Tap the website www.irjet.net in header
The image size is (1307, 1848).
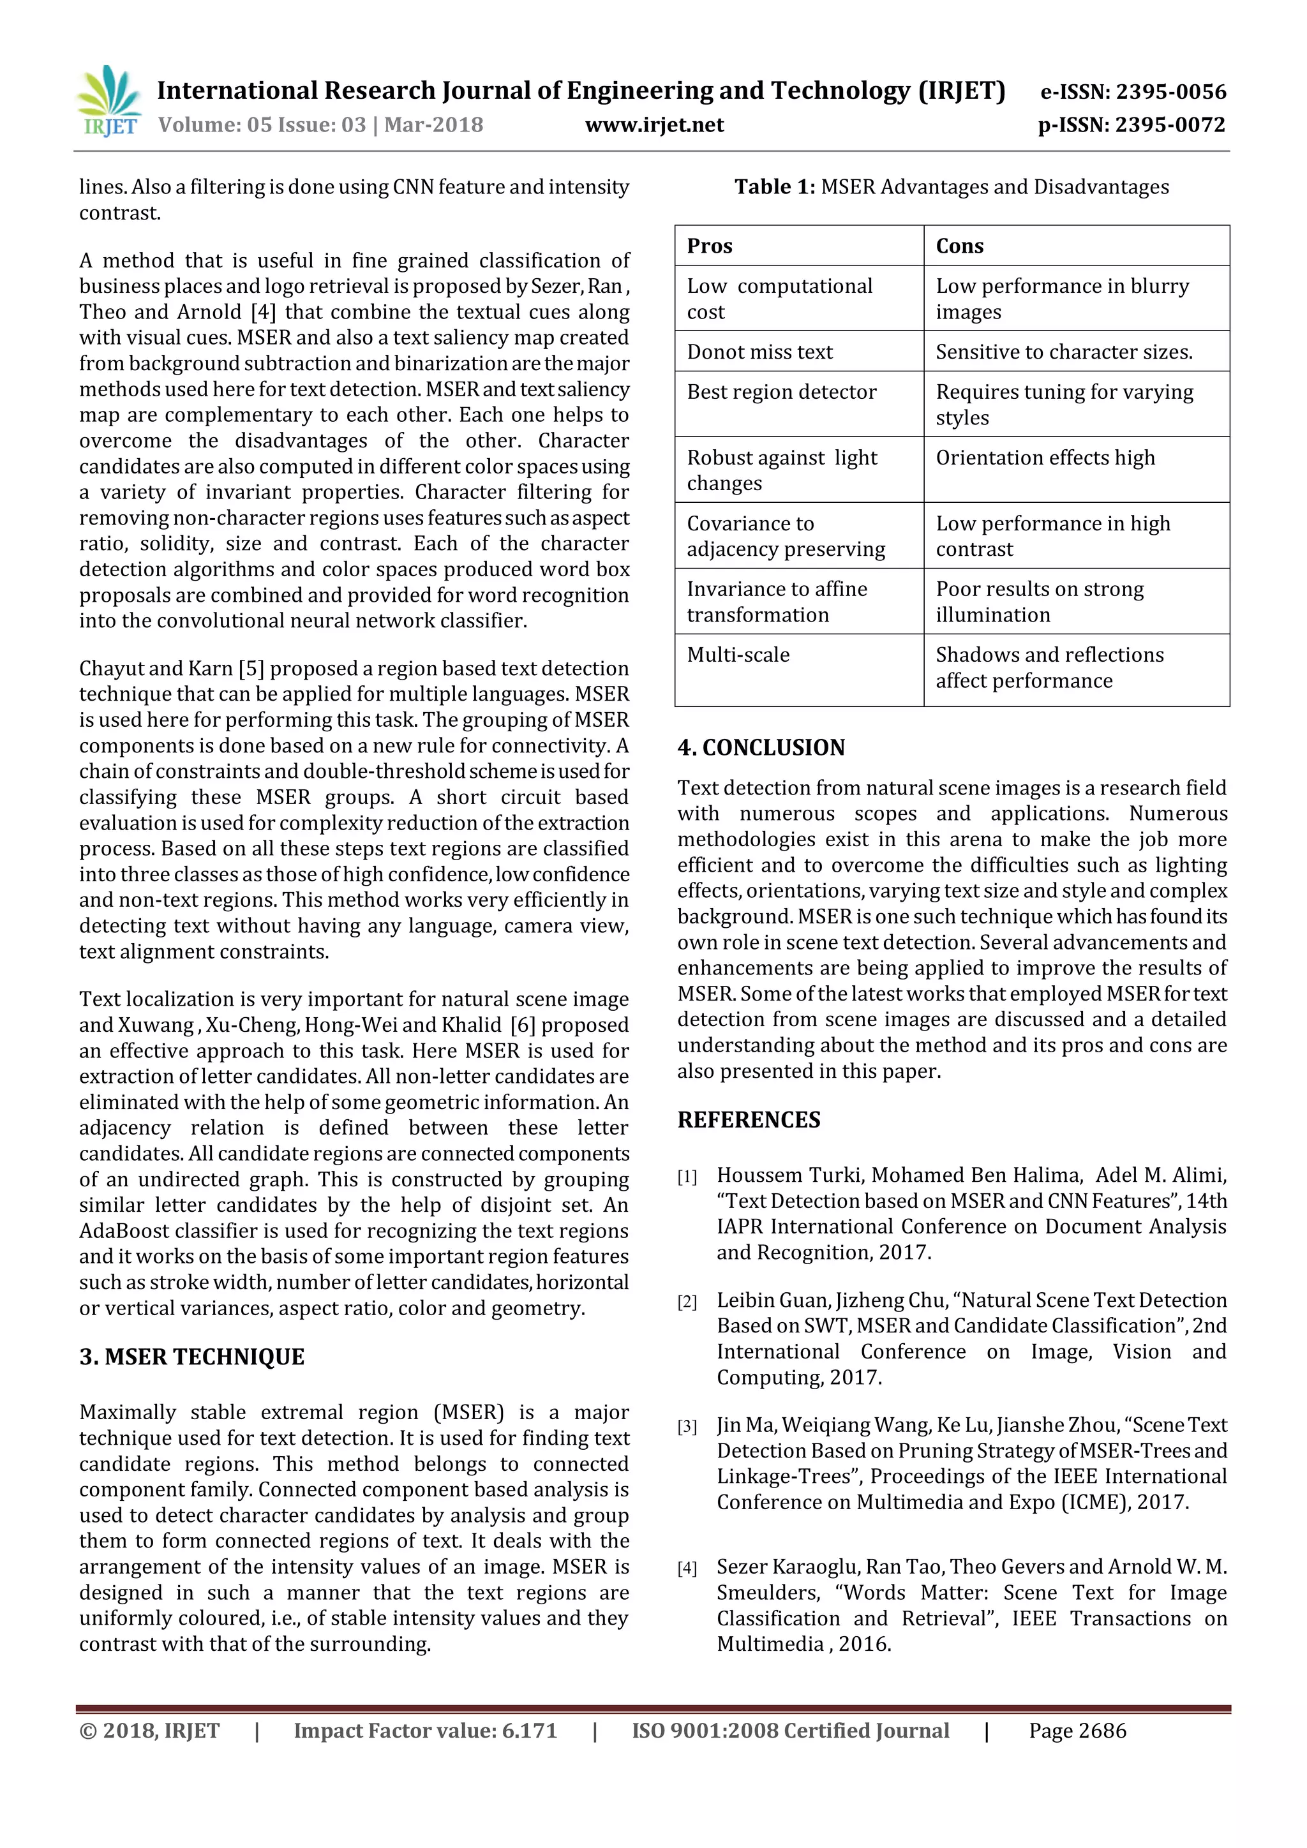(x=654, y=125)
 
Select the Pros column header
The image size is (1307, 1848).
(x=709, y=246)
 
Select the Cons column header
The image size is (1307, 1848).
(x=959, y=246)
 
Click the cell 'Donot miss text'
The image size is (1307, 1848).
(x=759, y=352)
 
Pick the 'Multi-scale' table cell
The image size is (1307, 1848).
(x=738, y=654)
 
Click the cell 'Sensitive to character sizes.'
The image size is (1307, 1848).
(x=1064, y=352)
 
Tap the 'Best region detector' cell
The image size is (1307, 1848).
(x=782, y=392)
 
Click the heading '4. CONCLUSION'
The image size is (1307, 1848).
(x=761, y=747)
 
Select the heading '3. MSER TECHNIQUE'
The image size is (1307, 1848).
(x=191, y=1357)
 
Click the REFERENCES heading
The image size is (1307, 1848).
(x=749, y=1120)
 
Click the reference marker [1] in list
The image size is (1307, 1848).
(x=687, y=1177)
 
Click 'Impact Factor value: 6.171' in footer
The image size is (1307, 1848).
(x=425, y=1731)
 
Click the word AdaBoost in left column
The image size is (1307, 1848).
(x=123, y=1231)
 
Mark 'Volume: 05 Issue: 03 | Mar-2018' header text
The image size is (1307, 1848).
(x=320, y=125)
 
